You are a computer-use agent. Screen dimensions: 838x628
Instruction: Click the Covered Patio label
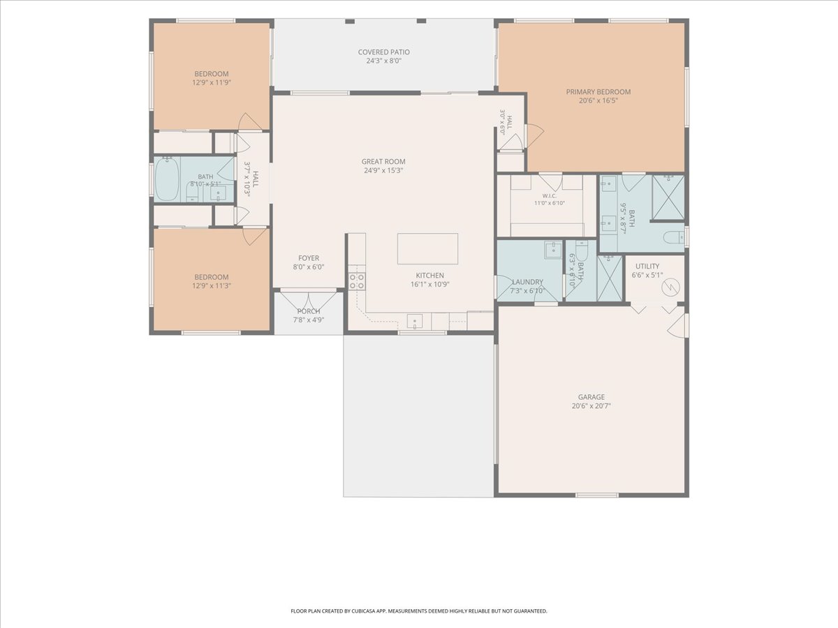(x=383, y=52)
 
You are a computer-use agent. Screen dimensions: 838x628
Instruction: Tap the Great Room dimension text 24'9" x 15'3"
(x=383, y=170)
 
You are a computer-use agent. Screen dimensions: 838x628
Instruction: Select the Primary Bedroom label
(x=598, y=92)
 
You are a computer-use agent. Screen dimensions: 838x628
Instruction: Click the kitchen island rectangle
(x=427, y=248)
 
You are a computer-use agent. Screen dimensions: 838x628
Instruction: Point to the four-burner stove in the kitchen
(x=357, y=281)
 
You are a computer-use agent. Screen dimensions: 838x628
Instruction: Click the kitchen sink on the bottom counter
(x=414, y=321)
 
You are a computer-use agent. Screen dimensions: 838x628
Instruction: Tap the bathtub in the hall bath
(x=167, y=179)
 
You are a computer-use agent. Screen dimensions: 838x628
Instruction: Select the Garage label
(x=591, y=397)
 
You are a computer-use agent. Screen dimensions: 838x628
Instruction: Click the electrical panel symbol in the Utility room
(x=671, y=287)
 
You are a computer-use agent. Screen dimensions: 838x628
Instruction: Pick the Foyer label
(x=309, y=258)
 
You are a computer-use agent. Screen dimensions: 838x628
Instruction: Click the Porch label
(x=309, y=311)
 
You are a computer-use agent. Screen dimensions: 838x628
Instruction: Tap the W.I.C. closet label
(x=549, y=195)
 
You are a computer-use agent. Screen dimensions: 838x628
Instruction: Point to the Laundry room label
(x=527, y=282)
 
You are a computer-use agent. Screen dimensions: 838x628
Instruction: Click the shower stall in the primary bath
(x=668, y=197)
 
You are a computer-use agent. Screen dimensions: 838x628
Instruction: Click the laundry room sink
(x=553, y=250)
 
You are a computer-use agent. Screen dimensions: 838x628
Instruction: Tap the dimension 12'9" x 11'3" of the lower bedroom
(x=212, y=285)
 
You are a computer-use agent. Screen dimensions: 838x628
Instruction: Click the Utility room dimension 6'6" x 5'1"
(x=647, y=275)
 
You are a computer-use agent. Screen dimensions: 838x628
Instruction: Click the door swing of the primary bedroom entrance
(x=536, y=136)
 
